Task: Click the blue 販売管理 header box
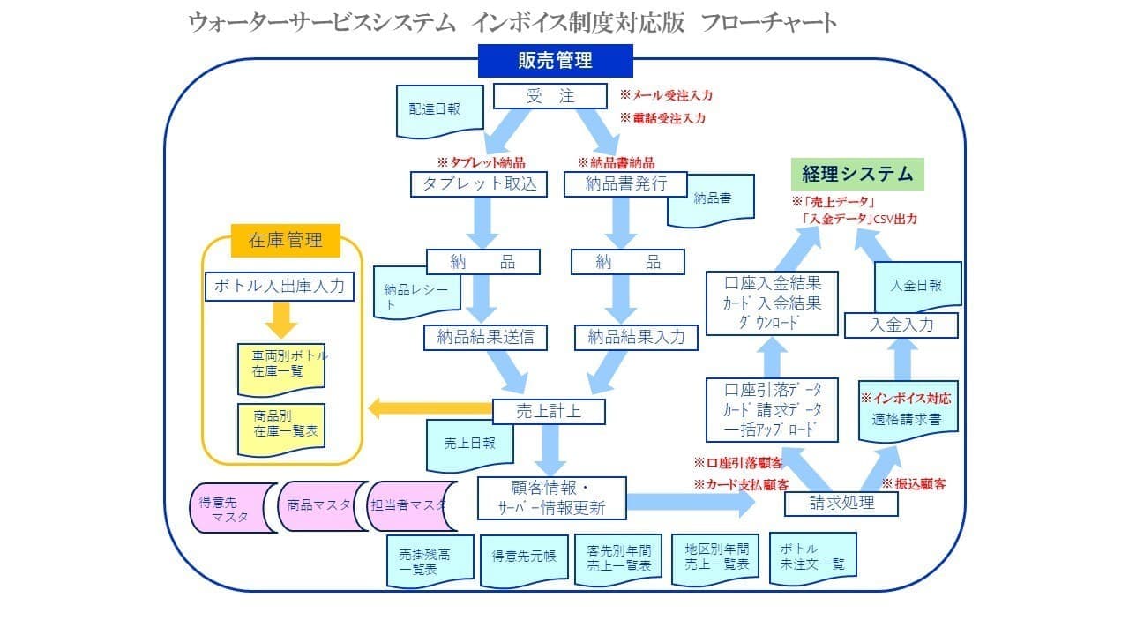555,61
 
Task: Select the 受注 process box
550,96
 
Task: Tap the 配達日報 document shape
434,110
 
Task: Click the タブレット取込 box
478,183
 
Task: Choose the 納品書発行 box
625,183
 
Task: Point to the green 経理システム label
856,173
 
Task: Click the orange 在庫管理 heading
284,239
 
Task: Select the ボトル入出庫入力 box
280,287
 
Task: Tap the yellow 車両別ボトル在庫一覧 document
281,363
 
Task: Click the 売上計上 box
549,411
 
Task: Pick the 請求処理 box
841,503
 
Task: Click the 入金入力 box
901,325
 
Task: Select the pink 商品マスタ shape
319,505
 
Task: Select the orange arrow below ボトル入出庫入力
280,320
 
